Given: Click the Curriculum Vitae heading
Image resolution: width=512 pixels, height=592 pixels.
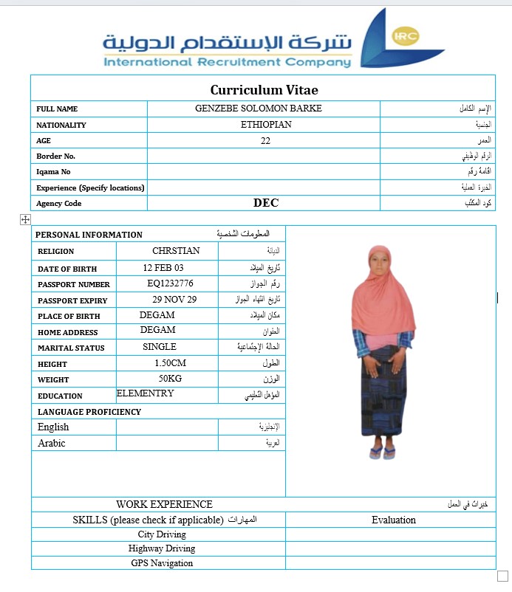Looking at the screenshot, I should point(264,90).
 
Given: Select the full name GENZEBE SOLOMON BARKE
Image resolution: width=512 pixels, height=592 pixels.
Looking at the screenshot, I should point(258,109).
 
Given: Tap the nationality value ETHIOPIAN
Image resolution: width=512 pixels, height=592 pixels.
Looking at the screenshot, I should point(266,125).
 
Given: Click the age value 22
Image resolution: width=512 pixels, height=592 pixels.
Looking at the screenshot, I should point(265,140).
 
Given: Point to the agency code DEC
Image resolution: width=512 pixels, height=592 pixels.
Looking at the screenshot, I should point(266,203).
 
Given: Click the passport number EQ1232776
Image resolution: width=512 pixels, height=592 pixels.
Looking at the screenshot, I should point(170,283).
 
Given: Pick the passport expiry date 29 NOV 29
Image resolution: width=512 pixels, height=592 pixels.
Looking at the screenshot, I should point(174,300).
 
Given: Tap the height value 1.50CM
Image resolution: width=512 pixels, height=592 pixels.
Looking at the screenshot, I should point(171,363).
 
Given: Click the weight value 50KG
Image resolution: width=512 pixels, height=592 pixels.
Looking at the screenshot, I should point(171,379).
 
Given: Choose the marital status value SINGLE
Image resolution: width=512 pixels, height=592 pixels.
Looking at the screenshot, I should point(160,347).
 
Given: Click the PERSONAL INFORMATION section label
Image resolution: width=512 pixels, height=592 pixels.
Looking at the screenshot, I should point(89,235).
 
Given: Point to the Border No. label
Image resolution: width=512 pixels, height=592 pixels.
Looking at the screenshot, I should point(56,156).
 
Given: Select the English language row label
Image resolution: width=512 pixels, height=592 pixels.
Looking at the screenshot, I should point(53,427).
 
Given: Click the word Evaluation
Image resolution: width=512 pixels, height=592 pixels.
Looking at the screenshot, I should point(393,520).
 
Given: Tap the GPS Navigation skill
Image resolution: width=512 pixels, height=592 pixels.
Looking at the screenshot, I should point(161,563).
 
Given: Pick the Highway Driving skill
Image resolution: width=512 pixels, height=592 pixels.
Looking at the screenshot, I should point(162,548).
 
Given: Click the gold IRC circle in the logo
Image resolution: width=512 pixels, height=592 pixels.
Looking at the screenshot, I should point(404,36).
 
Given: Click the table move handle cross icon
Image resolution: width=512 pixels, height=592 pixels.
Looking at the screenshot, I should point(24,219).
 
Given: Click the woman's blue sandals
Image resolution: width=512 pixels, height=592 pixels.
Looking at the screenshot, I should point(382,452).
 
